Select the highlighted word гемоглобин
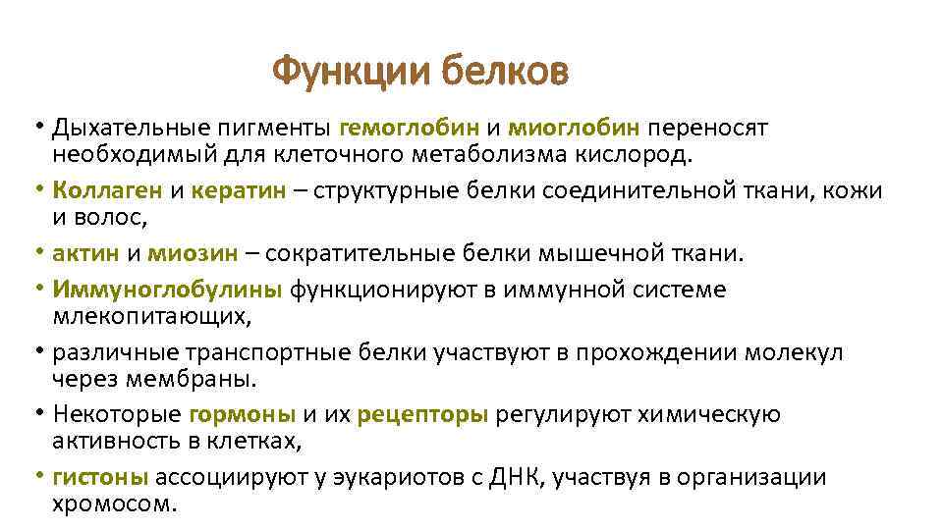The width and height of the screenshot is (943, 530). pyautogui.click(x=409, y=127)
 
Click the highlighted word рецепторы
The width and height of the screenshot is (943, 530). pyautogui.click(x=422, y=414)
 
